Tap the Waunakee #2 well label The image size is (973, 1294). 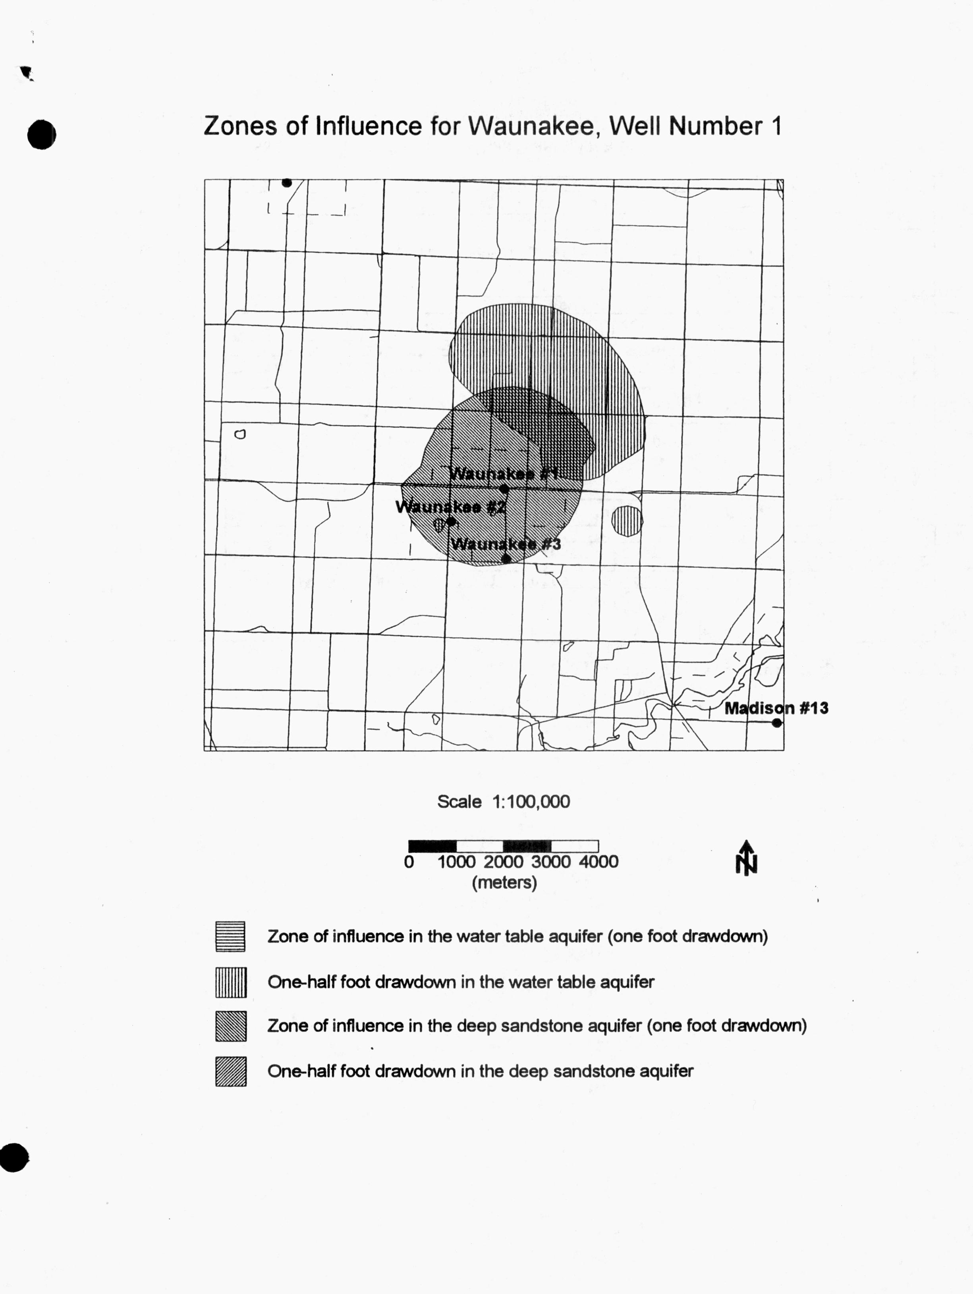pyautogui.click(x=450, y=507)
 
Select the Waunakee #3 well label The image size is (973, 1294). pyautogui.click(x=506, y=544)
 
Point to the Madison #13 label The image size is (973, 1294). pyautogui.click(x=776, y=708)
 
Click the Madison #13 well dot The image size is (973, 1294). pyautogui.click(x=776, y=723)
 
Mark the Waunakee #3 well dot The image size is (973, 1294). pyautogui.click(x=506, y=559)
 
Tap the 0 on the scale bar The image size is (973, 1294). pyautogui.click(x=409, y=862)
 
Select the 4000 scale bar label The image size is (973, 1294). pyautogui.click(x=598, y=862)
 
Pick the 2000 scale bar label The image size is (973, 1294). pyautogui.click(x=504, y=862)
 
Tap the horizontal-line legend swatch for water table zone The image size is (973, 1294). pyautogui.click(x=230, y=936)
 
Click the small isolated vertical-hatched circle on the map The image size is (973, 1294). pyautogui.click(x=627, y=520)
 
